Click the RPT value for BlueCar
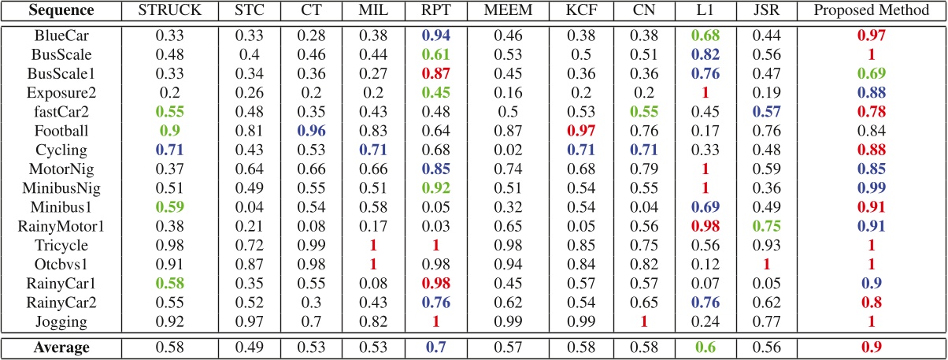pyautogui.click(x=435, y=36)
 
